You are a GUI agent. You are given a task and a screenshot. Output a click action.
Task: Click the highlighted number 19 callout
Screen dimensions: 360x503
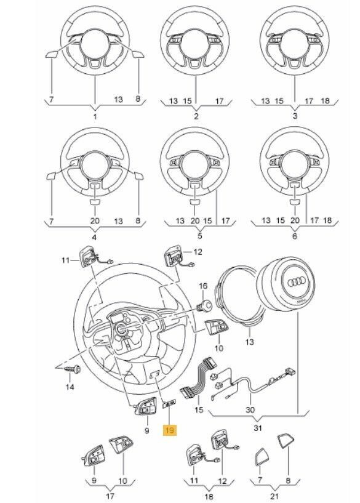[170, 430]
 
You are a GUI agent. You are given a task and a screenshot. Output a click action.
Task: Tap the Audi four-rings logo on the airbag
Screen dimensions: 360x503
[297, 283]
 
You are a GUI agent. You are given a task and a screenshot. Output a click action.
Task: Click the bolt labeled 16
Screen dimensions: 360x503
[204, 305]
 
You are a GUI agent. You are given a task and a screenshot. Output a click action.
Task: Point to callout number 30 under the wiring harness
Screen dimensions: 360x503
[250, 409]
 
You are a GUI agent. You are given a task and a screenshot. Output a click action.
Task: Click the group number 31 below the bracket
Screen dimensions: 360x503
[258, 428]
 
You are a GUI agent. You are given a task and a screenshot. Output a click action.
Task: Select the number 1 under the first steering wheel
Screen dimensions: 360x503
[95, 116]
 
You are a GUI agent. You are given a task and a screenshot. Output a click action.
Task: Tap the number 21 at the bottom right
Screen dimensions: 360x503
[274, 497]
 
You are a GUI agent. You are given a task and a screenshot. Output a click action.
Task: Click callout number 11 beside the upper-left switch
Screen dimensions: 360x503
[65, 260]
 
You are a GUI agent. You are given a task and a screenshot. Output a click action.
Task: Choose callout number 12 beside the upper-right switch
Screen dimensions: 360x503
[198, 252]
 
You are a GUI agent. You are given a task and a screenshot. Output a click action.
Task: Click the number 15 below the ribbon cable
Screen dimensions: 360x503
[199, 409]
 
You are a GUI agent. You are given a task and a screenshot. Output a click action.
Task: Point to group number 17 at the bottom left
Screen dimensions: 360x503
[110, 496]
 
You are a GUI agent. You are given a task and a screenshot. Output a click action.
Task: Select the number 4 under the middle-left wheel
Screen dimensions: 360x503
[94, 238]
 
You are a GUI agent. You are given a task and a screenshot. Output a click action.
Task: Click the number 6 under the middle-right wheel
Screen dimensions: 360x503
[295, 236]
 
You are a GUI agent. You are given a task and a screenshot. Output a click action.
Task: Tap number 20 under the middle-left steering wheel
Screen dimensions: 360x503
[95, 220]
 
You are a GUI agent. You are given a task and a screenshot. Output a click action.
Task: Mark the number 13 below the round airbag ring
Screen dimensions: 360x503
[249, 342]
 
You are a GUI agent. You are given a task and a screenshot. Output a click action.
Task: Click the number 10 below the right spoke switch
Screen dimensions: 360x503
[218, 348]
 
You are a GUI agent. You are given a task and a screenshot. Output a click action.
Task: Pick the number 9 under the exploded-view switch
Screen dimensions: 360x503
[146, 430]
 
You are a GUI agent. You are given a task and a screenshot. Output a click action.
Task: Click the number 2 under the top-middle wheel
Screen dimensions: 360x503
[196, 116]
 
